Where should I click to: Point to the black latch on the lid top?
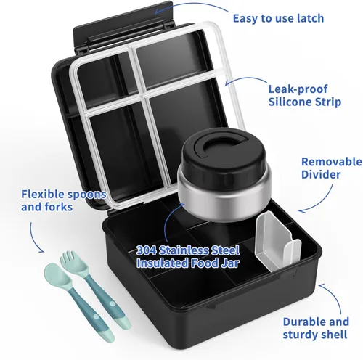(x=131, y=16)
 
